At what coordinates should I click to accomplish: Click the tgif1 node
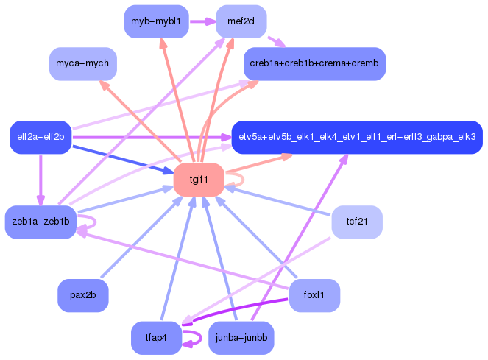[198, 180]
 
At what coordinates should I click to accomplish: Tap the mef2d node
[241, 21]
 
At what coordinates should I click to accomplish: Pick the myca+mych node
[83, 64]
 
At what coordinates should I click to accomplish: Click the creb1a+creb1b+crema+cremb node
[314, 64]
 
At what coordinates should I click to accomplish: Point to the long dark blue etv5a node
[357, 137]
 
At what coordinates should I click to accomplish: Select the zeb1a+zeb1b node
[40, 222]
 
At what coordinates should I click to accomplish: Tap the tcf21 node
[356, 222]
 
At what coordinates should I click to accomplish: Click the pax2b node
[83, 295]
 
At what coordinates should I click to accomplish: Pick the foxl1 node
[314, 295]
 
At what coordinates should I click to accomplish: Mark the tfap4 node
[156, 338]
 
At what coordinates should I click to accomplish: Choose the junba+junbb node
[241, 338]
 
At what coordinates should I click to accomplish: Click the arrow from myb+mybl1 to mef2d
[202, 21]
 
